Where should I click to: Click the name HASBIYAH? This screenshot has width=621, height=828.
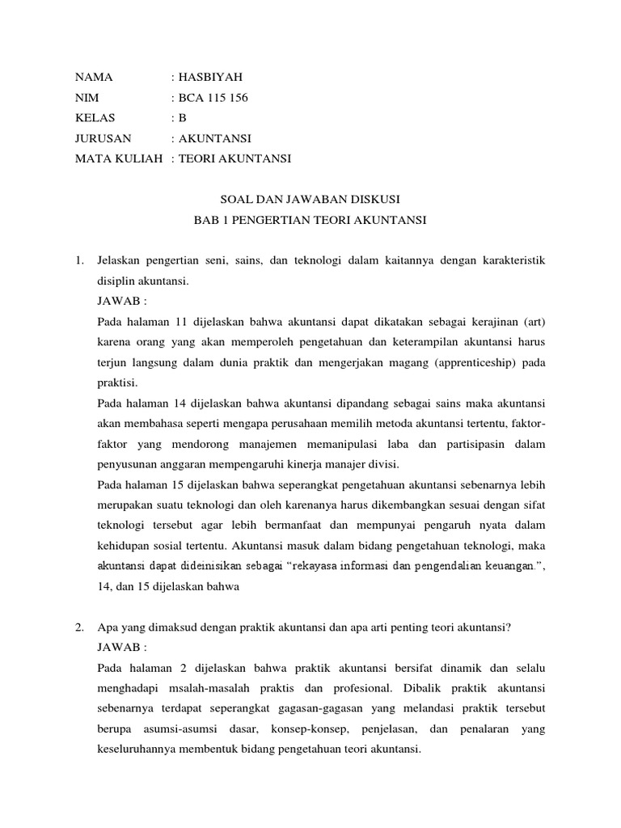(x=209, y=78)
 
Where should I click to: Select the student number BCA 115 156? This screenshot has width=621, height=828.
(x=212, y=98)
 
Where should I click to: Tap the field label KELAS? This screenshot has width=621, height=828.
(x=95, y=118)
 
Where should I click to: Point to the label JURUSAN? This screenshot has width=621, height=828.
(x=103, y=138)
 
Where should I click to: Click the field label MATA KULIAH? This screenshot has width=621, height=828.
(x=119, y=158)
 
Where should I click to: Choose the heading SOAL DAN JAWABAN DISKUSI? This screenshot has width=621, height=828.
(x=310, y=199)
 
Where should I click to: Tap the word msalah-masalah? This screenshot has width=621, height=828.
(x=205, y=689)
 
